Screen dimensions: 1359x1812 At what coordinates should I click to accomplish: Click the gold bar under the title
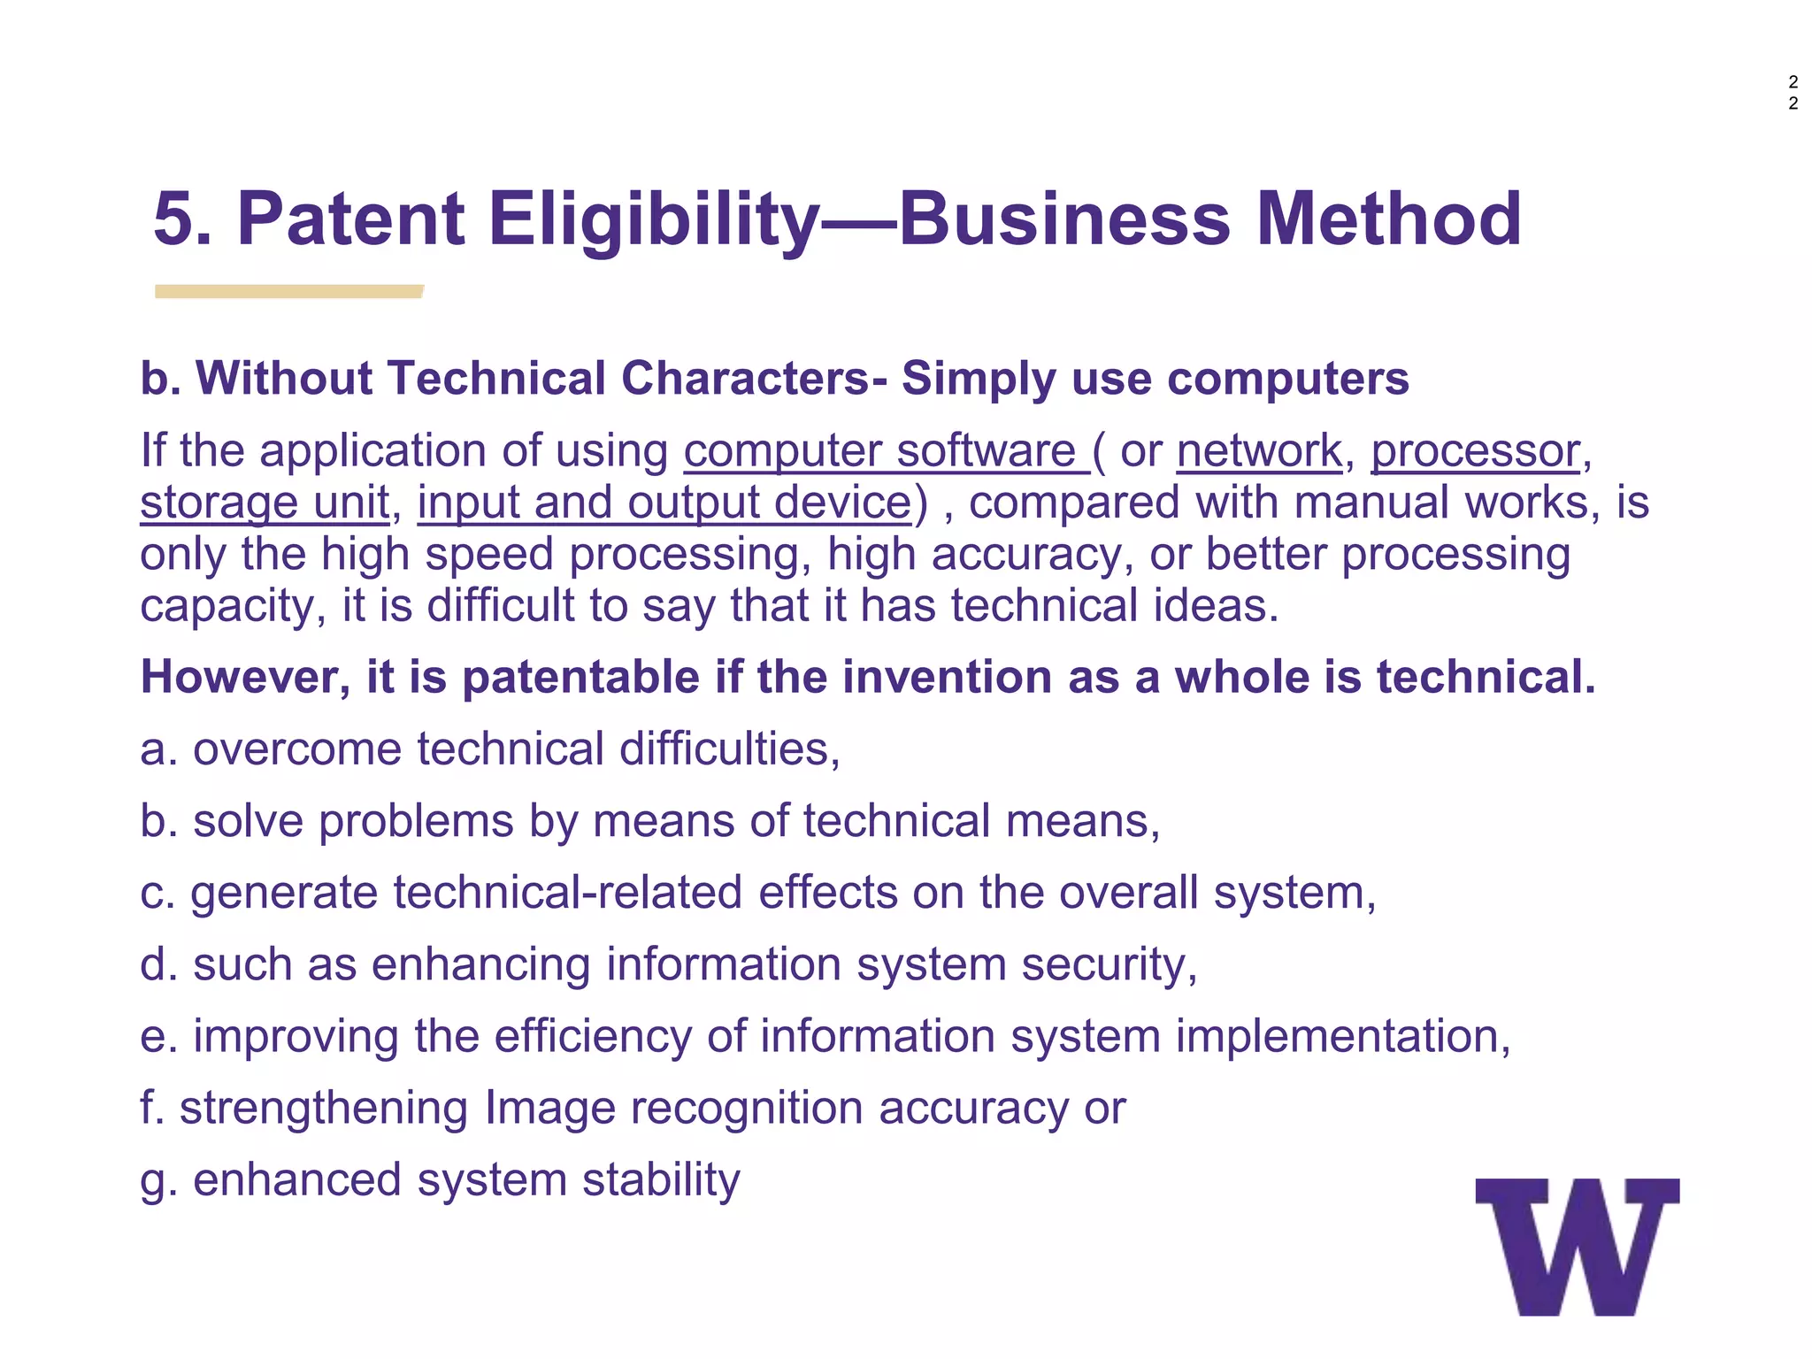(x=288, y=291)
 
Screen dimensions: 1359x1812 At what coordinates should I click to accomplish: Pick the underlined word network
(x=1259, y=451)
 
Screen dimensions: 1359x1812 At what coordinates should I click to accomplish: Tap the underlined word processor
(x=1475, y=451)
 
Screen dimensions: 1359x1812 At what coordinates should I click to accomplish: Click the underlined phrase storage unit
(x=265, y=503)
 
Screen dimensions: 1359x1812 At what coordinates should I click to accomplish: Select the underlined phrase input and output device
(x=664, y=503)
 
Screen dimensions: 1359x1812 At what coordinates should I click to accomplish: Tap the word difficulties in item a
(x=729, y=749)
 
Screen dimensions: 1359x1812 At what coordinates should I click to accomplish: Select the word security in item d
(x=1109, y=964)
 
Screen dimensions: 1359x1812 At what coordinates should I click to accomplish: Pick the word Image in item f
(x=549, y=1108)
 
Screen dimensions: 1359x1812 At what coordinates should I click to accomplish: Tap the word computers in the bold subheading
(x=1287, y=379)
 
